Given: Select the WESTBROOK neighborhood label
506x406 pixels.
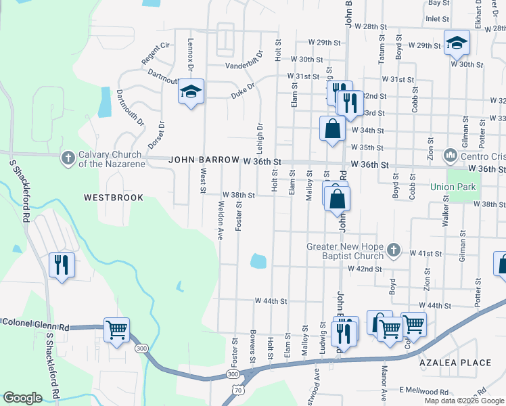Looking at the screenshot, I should (114, 198).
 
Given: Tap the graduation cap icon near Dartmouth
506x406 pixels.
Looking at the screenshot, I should (191, 91).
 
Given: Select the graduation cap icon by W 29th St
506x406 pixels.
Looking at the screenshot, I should (457, 43).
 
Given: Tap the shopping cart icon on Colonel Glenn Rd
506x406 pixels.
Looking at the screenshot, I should (116, 330).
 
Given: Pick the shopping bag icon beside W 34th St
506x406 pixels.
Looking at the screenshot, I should (332, 128).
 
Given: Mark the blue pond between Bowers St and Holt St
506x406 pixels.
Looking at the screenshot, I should (258, 261).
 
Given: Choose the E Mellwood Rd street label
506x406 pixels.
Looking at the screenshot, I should (423, 391).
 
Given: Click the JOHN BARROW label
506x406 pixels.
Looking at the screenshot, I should (204, 161).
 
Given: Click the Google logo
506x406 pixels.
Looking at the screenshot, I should (22, 398).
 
